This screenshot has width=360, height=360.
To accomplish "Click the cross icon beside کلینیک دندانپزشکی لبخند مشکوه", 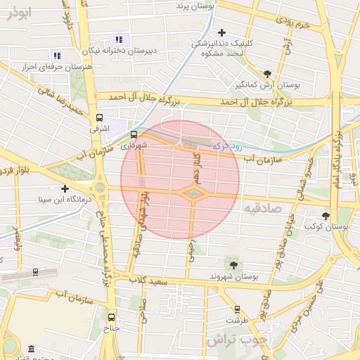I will coord(222,32).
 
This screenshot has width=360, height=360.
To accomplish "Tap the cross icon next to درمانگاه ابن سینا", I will coord(65,188).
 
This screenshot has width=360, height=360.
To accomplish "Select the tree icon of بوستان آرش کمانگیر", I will coord(267,73).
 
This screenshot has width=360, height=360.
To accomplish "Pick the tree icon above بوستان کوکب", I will coord(325,216).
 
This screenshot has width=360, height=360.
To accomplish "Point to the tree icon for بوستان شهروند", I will coord(233,265).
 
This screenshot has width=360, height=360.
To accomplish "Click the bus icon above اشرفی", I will coord(99,118).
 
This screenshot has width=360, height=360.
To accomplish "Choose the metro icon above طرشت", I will coord(236,308).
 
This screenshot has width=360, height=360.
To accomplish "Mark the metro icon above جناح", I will coord(112,316).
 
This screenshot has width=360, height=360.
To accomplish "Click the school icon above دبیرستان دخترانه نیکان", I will coord(119,39).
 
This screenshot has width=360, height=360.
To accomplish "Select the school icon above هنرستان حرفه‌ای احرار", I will coord(57,55).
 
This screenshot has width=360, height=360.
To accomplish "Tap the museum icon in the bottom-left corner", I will coord(30,349).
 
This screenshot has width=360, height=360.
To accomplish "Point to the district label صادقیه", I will coord(264,209).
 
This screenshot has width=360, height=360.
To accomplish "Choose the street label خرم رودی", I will coord(294,25).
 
